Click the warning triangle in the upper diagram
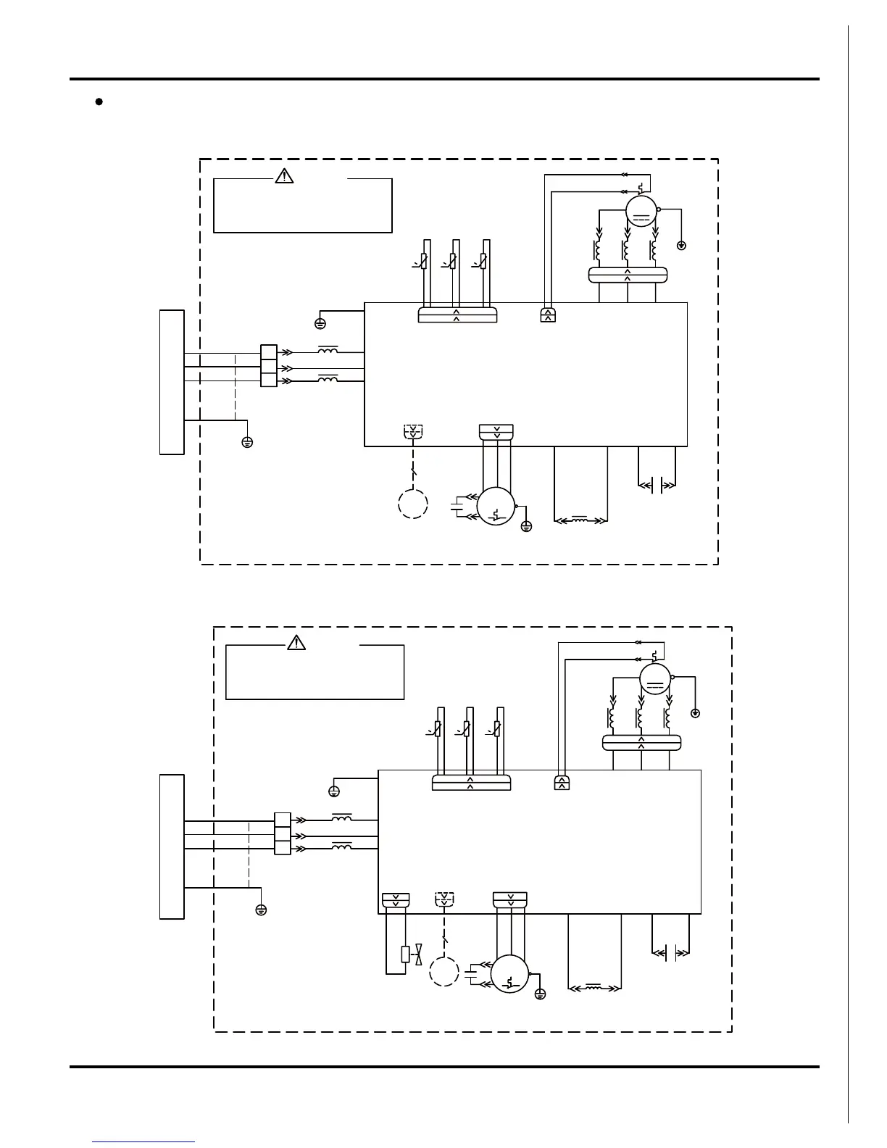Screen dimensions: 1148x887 click(283, 175)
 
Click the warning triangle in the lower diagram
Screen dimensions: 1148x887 click(296, 642)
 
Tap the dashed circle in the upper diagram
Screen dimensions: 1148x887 click(412, 504)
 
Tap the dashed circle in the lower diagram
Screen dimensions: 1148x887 click(443, 971)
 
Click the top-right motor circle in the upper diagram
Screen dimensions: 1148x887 click(641, 211)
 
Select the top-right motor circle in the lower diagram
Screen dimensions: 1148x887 click(655, 679)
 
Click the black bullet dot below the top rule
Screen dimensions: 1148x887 click(98, 101)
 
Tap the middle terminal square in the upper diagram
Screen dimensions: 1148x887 click(268, 366)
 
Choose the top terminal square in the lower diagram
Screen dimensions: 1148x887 click(283, 820)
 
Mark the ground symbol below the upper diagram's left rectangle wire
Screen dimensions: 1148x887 click(247, 442)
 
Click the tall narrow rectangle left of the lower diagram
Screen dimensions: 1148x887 click(172, 847)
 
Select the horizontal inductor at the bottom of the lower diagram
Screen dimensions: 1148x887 click(594, 986)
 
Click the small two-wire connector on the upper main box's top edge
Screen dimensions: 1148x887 click(549, 315)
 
